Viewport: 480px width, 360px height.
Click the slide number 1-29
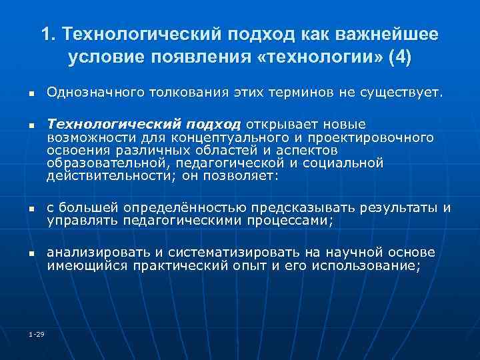click(x=36, y=333)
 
